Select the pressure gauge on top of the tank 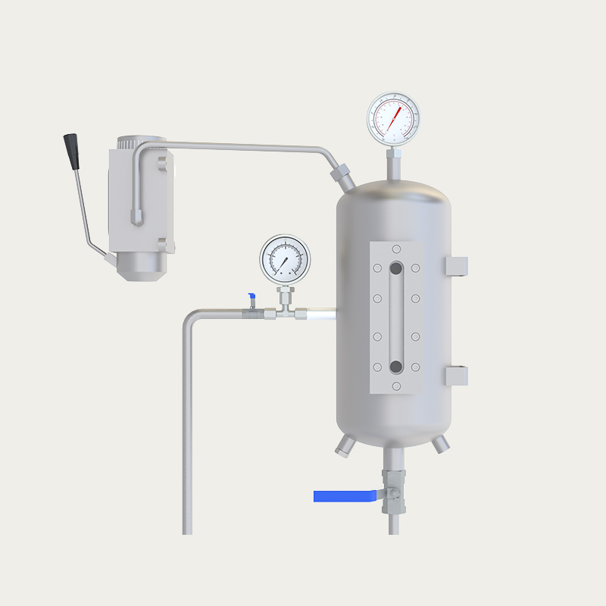(393, 118)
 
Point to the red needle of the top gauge (395, 117)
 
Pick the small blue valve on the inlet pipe (251, 298)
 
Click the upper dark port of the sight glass (395, 267)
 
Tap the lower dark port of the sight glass (395, 367)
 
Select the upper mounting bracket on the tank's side (456, 266)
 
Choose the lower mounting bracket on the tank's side (456, 376)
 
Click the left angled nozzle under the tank (345, 447)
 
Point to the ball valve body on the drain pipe (394, 492)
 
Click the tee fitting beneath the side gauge (286, 310)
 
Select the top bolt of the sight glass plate (396, 248)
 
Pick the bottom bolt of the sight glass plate (396, 386)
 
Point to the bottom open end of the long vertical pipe (187, 531)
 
